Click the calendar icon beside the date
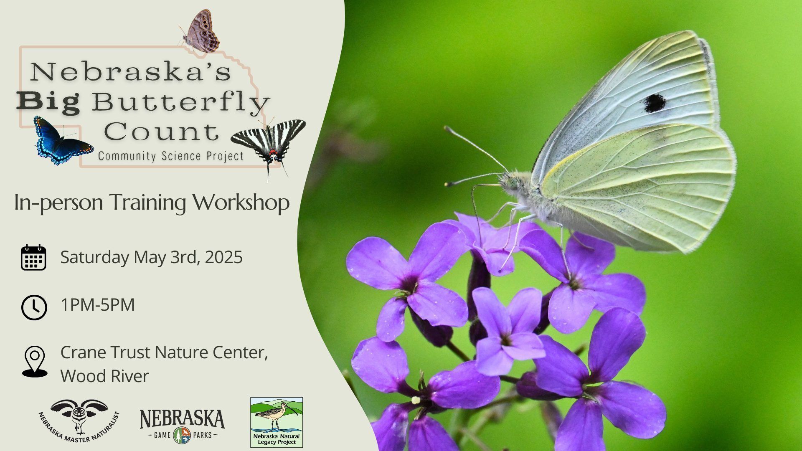point(33,257)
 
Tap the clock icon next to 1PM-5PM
point(34,307)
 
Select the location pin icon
point(35,362)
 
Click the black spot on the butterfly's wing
point(654,103)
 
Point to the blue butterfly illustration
point(63,141)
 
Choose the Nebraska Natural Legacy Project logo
point(277,422)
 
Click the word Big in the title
point(48,103)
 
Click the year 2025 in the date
point(223,257)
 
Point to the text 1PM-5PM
point(98,305)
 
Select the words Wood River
point(104,376)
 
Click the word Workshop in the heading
point(241,203)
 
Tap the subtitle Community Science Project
point(171,157)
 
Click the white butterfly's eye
point(512,183)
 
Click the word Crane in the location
point(83,352)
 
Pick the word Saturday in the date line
point(94,257)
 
